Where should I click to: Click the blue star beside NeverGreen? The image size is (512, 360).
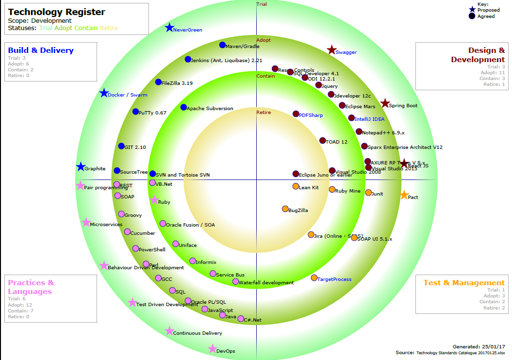(169, 28)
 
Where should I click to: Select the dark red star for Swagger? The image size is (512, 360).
(331, 50)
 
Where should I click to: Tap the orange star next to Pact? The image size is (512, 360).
(404, 195)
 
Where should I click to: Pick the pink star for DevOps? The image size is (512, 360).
(212, 349)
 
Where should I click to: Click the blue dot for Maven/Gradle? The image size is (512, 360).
(222, 45)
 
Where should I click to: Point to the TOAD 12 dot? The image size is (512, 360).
(323, 141)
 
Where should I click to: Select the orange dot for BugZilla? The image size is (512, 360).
(285, 209)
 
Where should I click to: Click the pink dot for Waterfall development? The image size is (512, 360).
(235, 281)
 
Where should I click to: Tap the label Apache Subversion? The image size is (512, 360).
(210, 109)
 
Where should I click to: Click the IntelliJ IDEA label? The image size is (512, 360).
(369, 119)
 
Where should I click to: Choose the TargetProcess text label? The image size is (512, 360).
(334, 279)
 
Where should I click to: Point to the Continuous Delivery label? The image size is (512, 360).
(198, 333)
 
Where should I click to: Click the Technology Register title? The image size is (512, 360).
(56, 12)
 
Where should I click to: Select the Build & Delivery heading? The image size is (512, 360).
(41, 50)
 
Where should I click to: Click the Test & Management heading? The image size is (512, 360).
(464, 283)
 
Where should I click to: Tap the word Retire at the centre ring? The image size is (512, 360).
(264, 113)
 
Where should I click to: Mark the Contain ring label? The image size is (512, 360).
(265, 76)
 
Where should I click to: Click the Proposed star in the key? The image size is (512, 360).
(472, 9)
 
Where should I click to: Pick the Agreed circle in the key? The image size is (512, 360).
(472, 16)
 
